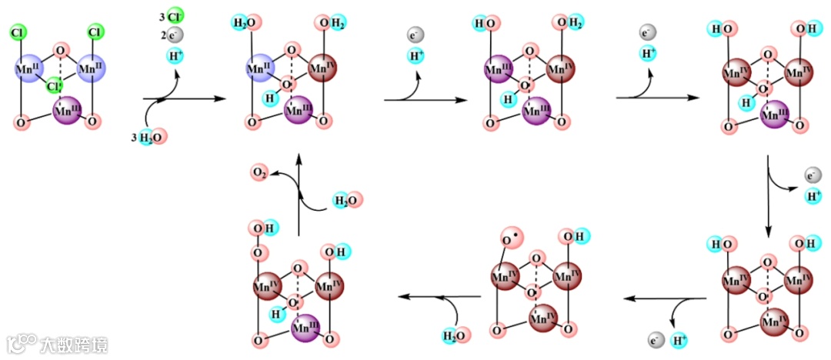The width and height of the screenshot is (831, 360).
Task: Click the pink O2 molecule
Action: tap(259, 174)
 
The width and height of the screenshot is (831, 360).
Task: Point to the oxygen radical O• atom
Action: tap(509, 239)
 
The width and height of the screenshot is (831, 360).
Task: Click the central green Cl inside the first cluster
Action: tap(54, 84)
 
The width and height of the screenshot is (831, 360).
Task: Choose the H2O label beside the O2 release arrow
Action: tap(346, 201)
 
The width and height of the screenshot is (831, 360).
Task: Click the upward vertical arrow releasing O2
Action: tap(299, 192)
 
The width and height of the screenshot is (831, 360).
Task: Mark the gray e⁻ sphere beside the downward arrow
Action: tap(812, 175)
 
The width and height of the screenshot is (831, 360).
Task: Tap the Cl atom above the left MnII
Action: tap(18, 32)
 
